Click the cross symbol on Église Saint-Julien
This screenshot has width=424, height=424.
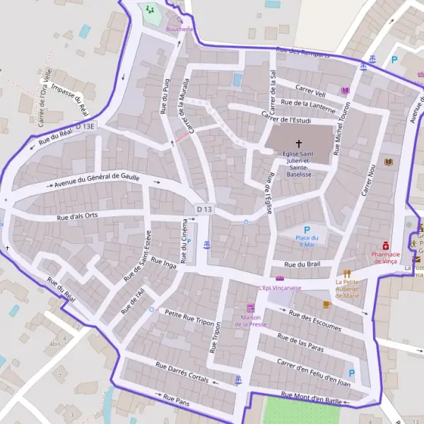[x=298, y=143]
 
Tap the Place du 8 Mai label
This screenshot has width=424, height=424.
[x=307, y=242]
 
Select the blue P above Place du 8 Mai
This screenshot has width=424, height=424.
[x=307, y=230]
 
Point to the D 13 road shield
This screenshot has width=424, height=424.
[x=204, y=209]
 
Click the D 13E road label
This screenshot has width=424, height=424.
[x=88, y=125]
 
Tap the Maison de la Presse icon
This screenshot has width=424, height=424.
[x=250, y=308]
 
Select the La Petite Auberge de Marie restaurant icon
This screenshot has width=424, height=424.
[x=346, y=273]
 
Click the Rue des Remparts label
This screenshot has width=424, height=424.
[x=304, y=52]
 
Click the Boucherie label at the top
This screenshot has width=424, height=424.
[x=179, y=29]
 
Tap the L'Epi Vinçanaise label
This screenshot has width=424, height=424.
[x=280, y=288]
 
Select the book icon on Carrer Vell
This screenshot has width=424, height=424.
[x=345, y=90]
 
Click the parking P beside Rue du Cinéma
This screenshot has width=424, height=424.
[x=189, y=242]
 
